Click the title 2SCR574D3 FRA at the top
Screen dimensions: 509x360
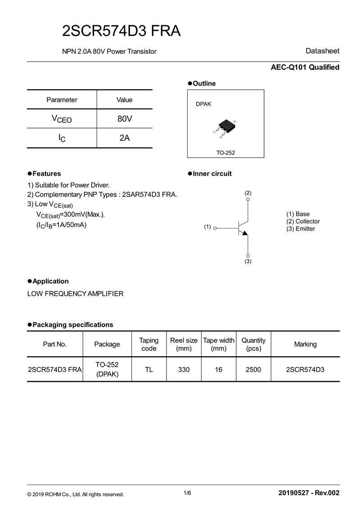click(x=121, y=31)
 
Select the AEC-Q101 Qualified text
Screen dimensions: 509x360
click(x=305, y=67)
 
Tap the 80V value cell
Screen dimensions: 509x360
click(x=125, y=119)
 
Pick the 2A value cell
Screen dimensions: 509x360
click(x=125, y=138)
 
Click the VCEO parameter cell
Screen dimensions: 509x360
click(x=62, y=119)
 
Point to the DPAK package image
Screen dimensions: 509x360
click(x=225, y=126)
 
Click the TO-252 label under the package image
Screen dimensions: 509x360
click(x=225, y=153)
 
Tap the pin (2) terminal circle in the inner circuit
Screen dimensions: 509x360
click(x=248, y=199)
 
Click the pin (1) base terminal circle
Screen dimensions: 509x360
click(x=215, y=228)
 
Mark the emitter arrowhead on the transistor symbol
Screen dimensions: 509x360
click(x=244, y=232)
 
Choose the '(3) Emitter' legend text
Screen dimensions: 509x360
click(x=301, y=229)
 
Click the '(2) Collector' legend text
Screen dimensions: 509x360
click(x=303, y=221)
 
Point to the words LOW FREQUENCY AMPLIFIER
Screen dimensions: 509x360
click(x=75, y=294)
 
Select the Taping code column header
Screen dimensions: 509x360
click(x=149, y=344)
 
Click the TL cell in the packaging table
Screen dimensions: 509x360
click(x=149, y=370)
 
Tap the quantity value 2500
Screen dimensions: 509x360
click(x=253, y=370)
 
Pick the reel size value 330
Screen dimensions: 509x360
click(x=184, y=370)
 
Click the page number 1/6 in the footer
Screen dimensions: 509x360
click(x=187, y=493)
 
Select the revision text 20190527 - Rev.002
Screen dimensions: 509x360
click(x=309, y=493)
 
